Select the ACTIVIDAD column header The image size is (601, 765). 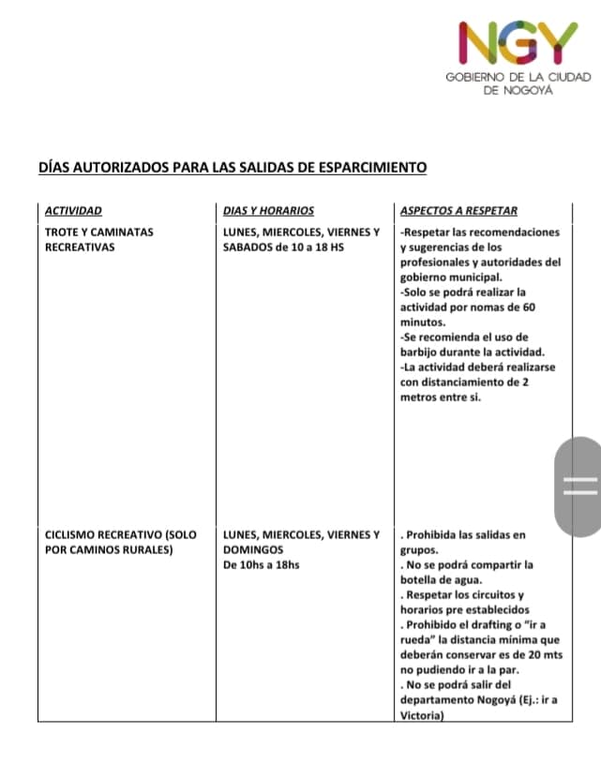pos(73,211)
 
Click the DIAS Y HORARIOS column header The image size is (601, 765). pos(268,211)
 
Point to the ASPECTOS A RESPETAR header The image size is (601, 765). pos(458,211)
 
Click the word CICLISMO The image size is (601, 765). pos(73,534)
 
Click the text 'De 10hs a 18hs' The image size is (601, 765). pos(262,564)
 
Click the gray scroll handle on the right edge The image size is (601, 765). pos(578,484)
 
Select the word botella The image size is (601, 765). pos(420,579)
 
